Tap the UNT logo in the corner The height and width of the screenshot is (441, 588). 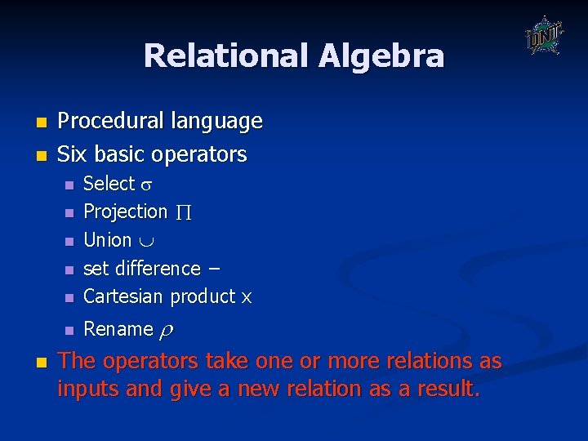[x=544, y=36]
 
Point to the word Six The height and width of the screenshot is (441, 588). [x=73, y=154]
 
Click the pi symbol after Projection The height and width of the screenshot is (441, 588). [x=184, y=212]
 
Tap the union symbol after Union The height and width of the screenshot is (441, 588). [x=144, y=241]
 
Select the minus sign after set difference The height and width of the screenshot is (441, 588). [x=215, y=269]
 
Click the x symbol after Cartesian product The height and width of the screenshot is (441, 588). [x=247, y=298]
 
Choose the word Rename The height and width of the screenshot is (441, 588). [x=118, y=329]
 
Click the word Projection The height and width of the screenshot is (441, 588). [x=125, y=212]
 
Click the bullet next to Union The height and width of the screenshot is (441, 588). [x=69, y=242]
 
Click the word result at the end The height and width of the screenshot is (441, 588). [x=448, y=390]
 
